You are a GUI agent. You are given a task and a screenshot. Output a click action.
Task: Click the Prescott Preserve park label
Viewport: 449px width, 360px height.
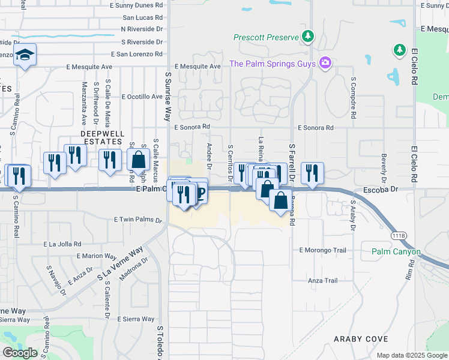click(x=266, y=37)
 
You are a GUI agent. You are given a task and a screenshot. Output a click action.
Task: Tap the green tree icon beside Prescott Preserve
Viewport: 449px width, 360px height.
click(x=308, y=37)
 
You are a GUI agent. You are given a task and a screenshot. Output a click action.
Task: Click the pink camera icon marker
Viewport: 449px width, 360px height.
click(x=325, y=63)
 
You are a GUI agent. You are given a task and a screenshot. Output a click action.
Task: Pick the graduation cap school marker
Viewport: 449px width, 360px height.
click(x=25, y=55)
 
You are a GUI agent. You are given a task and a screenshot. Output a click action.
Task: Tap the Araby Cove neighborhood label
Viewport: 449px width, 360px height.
click(x=361, y=339)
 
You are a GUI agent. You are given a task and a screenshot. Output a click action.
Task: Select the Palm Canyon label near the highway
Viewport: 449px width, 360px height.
click(x=396, y=252)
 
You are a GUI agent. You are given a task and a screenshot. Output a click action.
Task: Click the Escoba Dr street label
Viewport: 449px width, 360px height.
click(x=381, y=188)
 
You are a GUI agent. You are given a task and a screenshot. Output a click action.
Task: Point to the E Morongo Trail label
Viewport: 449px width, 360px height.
click(x=322, y=250)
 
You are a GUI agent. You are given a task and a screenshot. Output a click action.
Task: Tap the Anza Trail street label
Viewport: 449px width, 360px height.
click(x=322, y=280)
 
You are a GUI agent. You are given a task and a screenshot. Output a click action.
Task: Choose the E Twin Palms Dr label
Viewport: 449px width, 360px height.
click(x=134, y=220)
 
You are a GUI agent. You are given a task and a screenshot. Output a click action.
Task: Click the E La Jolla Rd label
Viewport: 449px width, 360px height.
click(x=70, y=244)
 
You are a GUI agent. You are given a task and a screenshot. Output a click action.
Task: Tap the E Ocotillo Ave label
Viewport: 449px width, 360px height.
click(x=142, y=96)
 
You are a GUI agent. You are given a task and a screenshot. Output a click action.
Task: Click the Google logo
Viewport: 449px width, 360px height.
click(x=20, y=353)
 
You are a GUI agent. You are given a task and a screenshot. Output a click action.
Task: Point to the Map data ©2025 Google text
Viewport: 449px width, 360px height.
click(x=412, y=355)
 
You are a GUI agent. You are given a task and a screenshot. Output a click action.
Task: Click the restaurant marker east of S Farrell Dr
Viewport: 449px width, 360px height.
click(x=312, y=173)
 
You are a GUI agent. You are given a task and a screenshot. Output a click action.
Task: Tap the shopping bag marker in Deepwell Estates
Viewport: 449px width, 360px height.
click(x=139, y=160)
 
